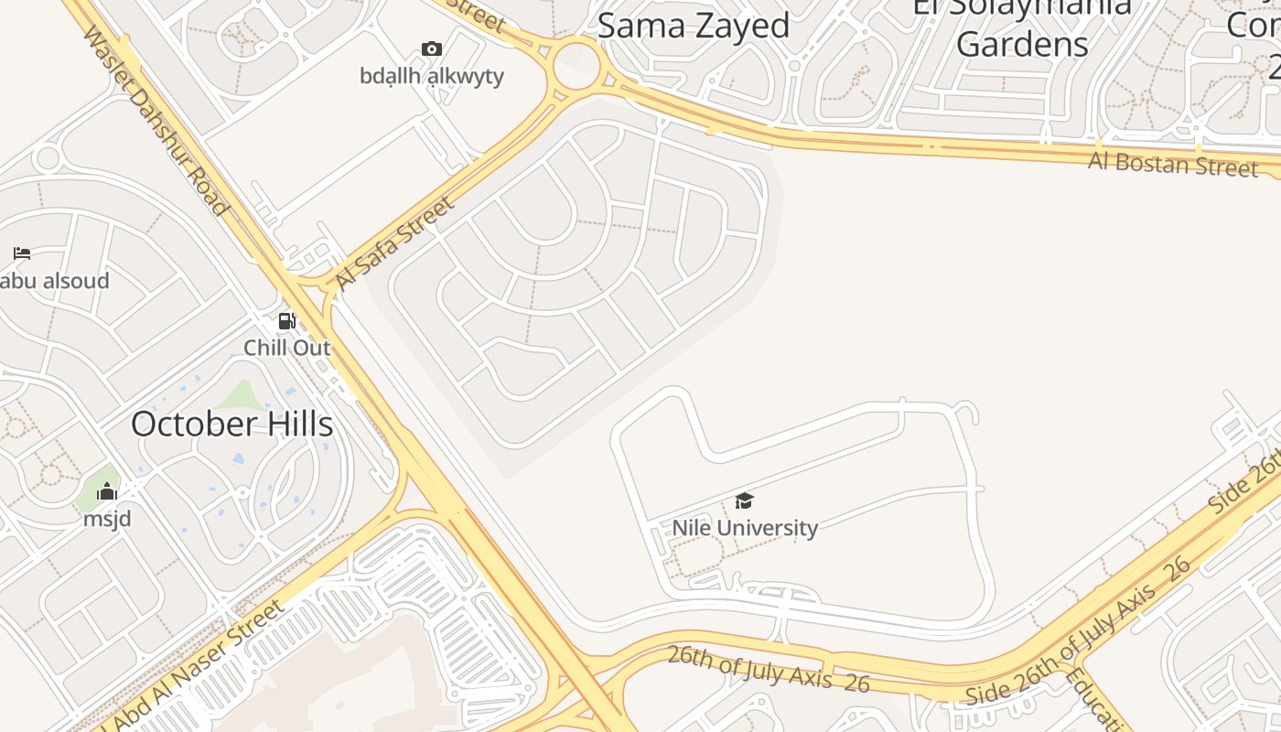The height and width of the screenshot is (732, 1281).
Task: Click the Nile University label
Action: (745, 528)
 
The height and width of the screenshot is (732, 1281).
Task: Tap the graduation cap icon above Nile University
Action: (745, 501)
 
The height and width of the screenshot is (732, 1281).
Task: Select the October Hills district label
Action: (231, 425)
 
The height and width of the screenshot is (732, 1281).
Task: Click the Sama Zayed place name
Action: (694, 26)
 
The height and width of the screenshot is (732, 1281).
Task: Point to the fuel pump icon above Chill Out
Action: (287, 321)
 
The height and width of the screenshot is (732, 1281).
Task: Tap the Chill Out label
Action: (287, 348)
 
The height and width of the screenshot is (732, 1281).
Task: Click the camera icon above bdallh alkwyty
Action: (432, 49)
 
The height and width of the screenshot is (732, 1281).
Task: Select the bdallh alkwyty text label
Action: (432, 76)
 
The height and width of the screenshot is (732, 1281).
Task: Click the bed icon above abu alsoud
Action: (22, 253)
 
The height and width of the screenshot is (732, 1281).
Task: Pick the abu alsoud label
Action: (55, 281)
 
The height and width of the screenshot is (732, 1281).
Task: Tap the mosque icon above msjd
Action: (107, 492)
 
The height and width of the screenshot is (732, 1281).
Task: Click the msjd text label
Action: (107, 519)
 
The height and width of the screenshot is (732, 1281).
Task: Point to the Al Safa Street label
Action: (394, 242)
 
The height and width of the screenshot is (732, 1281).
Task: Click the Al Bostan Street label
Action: (1172, 165)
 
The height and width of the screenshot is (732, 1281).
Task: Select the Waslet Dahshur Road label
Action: (155, 120)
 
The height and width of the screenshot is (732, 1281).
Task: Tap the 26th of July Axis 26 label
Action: (768, 669)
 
